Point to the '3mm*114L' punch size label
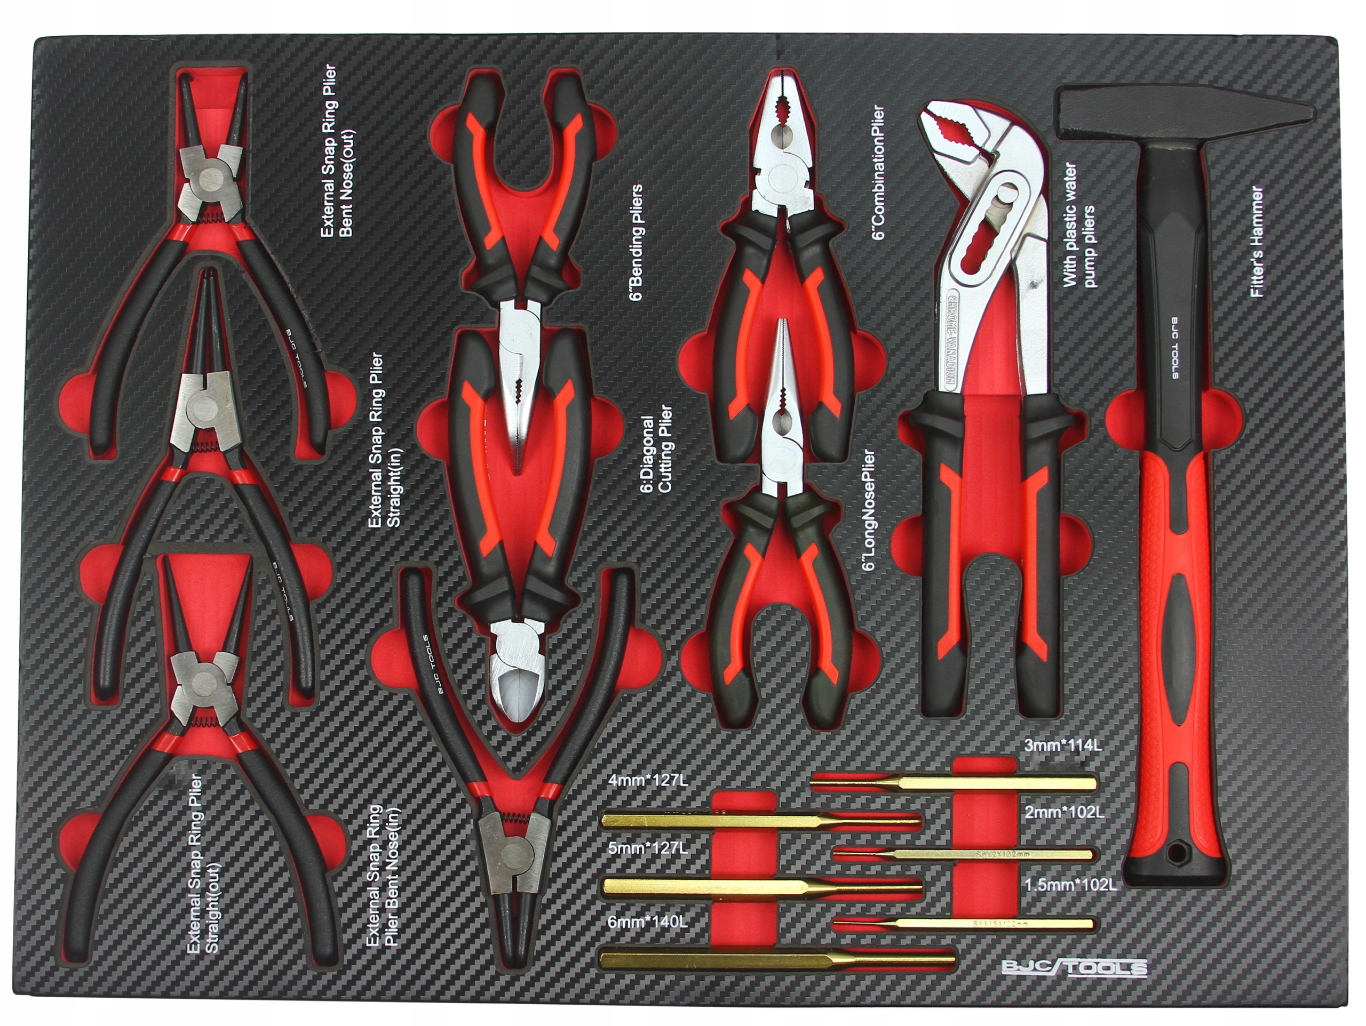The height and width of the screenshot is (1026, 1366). (x=1062, y=745)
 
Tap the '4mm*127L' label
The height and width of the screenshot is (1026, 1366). (x=647, y=780)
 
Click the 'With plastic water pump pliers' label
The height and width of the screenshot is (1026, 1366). (x=1079, y=226)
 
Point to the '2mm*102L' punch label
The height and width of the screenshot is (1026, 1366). (x=1064, y=812)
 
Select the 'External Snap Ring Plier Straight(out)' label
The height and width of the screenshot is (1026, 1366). (x=204, y=864)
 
